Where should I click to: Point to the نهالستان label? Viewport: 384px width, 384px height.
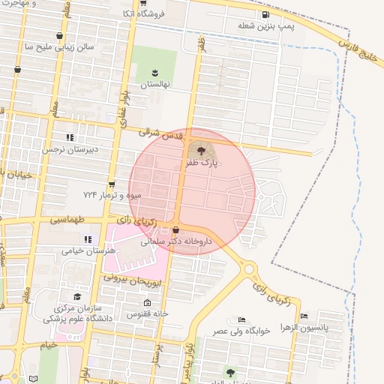(154, 85)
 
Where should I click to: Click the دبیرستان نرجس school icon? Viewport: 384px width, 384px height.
(70, 137)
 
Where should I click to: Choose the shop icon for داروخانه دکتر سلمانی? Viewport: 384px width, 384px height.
(176, 230)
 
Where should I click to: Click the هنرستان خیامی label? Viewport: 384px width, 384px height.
(63, 251)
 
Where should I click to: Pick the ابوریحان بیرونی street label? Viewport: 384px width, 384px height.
(131, 280)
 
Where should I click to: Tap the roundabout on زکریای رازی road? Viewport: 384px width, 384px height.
(249, 269)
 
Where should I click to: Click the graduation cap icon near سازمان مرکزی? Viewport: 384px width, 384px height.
(76, 296)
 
